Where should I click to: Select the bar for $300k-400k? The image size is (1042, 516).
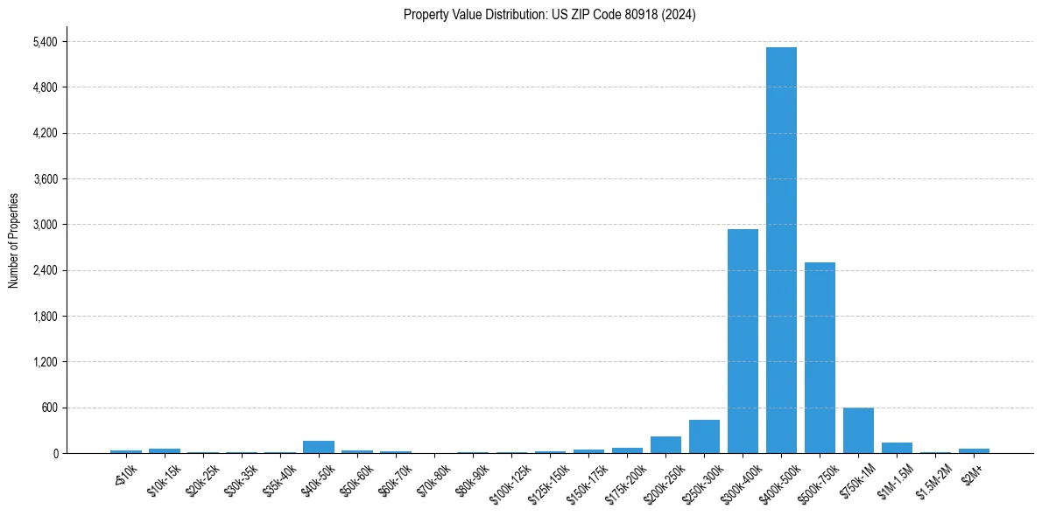(743, 341)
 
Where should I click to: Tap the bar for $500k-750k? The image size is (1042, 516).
(820, 358)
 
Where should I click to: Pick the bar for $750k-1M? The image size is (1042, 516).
(858, 430)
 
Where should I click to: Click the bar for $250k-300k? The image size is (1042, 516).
(704, 436)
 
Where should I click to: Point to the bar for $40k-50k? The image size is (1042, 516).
(319, 447)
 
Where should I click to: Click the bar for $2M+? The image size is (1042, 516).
(974, 450)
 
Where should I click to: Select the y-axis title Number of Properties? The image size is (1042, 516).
(13, 241)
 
